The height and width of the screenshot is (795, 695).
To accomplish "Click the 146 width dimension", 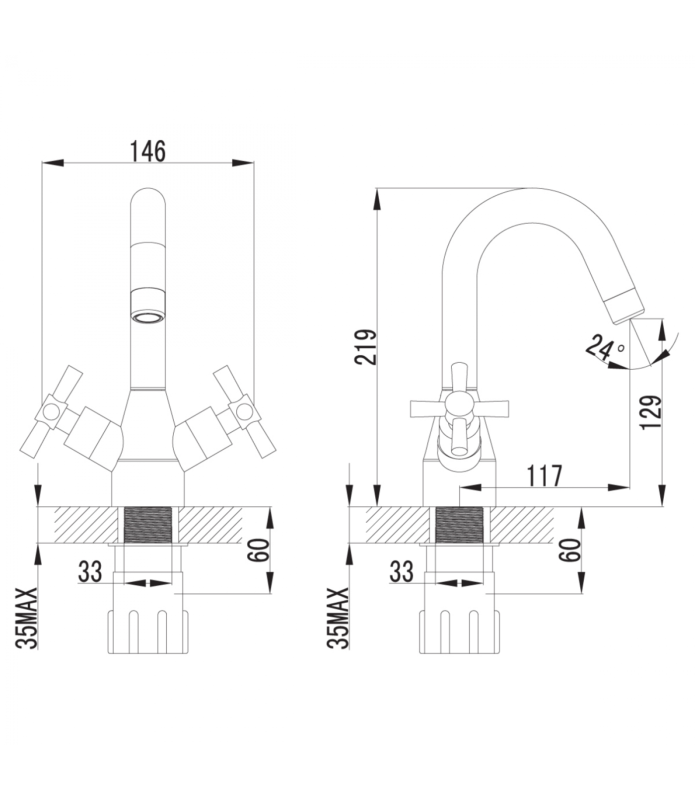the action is coord(147,151).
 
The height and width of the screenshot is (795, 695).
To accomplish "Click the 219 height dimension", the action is coord(368,347).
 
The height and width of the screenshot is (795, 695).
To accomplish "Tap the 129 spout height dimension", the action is coord(650,412).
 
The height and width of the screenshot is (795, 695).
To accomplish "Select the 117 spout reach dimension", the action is coord(545,476).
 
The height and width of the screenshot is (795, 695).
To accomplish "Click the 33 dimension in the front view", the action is coord(90,571).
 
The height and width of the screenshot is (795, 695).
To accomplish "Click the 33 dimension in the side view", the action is coord(401,571).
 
